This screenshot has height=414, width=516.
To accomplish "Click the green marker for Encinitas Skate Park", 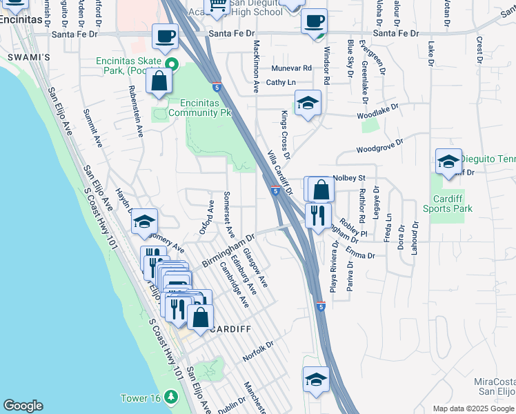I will pos(173,66).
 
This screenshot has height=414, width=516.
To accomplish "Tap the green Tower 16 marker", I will pos(170,397).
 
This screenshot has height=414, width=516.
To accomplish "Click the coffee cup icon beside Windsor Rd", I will pos(315,22).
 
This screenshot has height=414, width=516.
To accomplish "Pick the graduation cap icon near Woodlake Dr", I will pos(307,103).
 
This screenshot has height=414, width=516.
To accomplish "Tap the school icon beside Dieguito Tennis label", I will pos(448,162).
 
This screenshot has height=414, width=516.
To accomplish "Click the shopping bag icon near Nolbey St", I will pos(321,189).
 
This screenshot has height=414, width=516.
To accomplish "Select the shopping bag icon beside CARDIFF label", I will pos(200,317).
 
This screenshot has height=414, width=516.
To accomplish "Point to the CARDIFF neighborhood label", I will pos(230,329).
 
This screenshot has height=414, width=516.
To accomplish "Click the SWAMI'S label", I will pos(29,57).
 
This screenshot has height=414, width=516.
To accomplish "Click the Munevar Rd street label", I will pos(291,68).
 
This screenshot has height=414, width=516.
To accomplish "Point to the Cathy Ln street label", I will pos(281,82).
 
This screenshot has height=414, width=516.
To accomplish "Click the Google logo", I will pos(23,406).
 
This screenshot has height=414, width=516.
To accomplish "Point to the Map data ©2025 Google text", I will pos(473,408).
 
